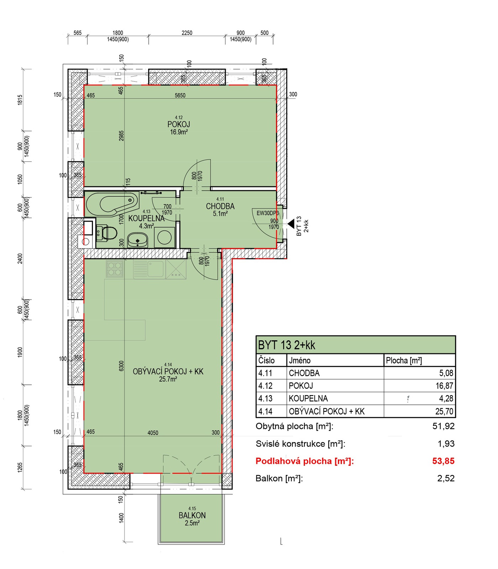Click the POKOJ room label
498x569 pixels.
[x=179, y=124]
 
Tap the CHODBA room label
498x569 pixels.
[x=220, y=206]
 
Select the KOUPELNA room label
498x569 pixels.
[x=146, y=218]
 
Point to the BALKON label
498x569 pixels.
[x=192, y=515]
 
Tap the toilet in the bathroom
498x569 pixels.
[x=107, y=233]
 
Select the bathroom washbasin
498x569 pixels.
[x=138, y=240]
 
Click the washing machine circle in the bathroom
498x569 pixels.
[x=164, y=237]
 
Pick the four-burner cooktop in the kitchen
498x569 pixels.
[x=115, y=269]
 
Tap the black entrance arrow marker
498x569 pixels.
[x=291, y=224]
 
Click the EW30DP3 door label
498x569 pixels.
[x=268, y=213]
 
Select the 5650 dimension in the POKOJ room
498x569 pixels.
[x=180, y=95]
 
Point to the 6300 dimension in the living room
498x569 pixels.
[x=121, y=366]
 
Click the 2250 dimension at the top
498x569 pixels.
[x=187, y=33]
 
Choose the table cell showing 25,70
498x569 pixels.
[x=444, y=411]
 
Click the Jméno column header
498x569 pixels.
[x=300, y=361]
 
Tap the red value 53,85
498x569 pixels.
[x=444, y=461]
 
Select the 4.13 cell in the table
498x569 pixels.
[x=266, y=399]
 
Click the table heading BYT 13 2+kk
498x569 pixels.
[x=287, y=345]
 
